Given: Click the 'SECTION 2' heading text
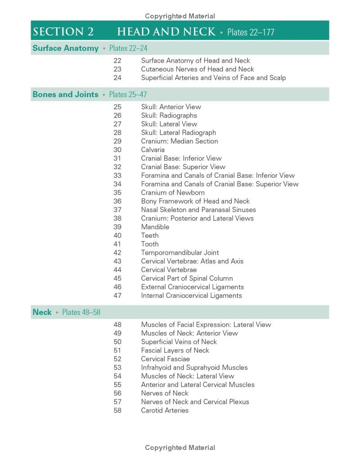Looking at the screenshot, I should pyautogui.click(x=63, y=31).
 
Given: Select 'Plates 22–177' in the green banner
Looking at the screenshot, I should pyautogui.click(x=251, y=32).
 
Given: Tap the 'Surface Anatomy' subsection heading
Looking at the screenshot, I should pyautogui.click(x=65, y=48).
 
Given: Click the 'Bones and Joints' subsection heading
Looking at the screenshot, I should pyautogui.click(x=65, y=94).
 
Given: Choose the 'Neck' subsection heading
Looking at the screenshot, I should pyautogui.click(x=42, y=312).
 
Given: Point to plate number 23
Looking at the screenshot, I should pyautogui.click(x=117, y=69).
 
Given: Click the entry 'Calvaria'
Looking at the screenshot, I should pyautogui.click(x=153, y=150).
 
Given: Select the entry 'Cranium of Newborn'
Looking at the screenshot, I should pyautogui.click(x=173, y=193).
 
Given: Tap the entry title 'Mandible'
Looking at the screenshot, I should pyautogui.click(x=155, y=227).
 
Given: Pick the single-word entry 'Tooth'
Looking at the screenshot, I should pyautogui.click(x=150, y=244).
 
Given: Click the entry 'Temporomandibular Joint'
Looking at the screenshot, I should pyautogui.click(x=180, y=252).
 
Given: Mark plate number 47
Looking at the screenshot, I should pyautogui.click(x=117, y=296).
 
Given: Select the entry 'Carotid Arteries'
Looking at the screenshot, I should pyautogui.click(x=165, y=410).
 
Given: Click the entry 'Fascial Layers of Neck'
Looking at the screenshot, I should pyautogui.click(x=175, y=351).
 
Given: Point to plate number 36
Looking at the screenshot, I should pyautogui.click(x=117, y=201).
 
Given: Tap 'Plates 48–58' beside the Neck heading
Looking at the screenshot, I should pyautogui.click(x=81, y=312).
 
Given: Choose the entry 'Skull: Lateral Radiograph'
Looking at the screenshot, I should pyautogui.click(x=179, y=133).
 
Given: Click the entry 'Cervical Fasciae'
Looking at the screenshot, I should pyautogui.click(x=165, y=359).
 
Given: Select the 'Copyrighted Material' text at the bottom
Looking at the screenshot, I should pyautogui.click(x=180, y=448).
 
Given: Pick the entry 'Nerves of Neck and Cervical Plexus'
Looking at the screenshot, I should pyautogui.click(x=195, y=402).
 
